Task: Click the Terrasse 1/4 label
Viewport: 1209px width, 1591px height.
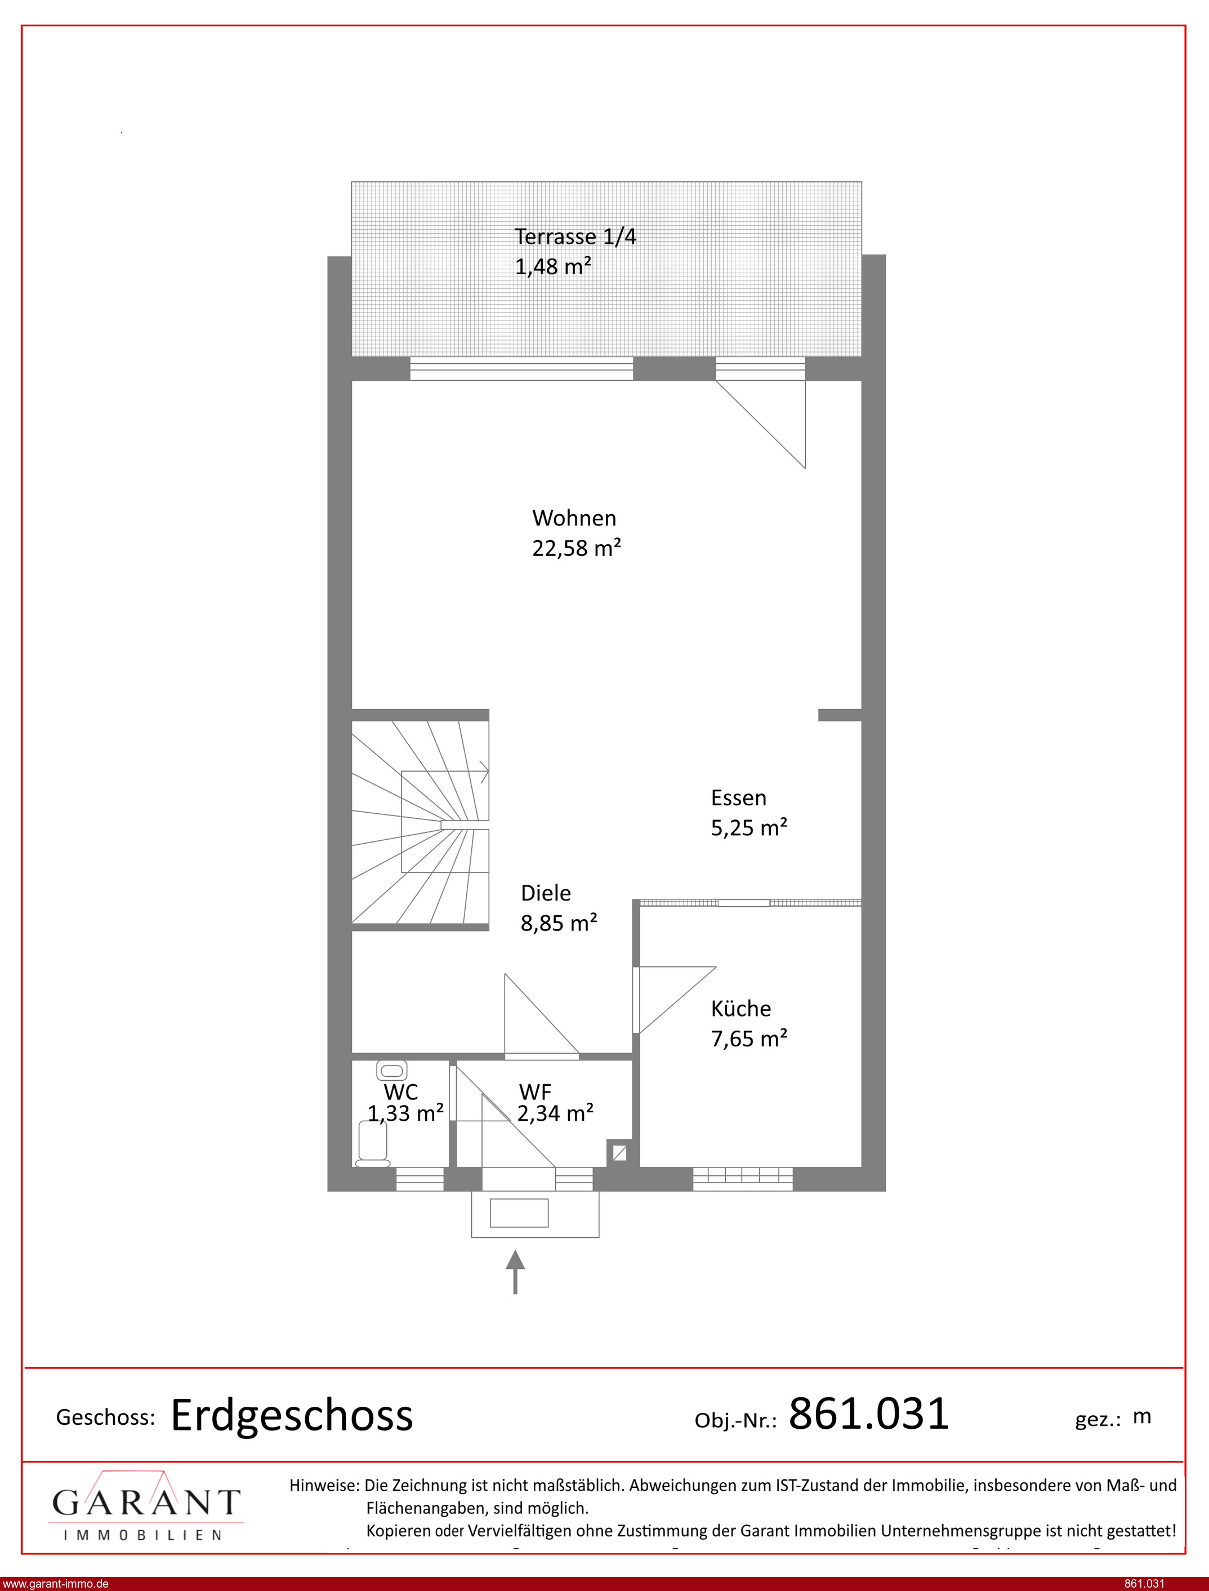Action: coord(575,237)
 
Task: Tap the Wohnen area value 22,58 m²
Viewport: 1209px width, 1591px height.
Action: coord(577,549)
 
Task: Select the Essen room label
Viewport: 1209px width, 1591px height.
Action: coord(738,797)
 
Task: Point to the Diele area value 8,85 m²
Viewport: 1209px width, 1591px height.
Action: coord(559,923)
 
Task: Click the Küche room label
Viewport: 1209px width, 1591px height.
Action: coord(740,1008)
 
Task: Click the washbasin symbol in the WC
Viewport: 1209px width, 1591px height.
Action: coord(391,1071)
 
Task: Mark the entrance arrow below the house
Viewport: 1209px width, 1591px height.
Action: coord(515,1272)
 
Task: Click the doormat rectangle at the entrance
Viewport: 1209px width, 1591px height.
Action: coord(519,1213)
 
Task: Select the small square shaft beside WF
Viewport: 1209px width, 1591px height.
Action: coord(619,1153)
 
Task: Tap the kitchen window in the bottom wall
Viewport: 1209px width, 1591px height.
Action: coord(743,1178)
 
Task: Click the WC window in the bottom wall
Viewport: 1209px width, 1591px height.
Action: coord(420,1179)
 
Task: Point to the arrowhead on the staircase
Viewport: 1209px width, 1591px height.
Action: coord(484,773)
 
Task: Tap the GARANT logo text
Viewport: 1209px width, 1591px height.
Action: coord(146,1503)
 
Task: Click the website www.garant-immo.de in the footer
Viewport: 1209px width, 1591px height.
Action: coord(55,1584)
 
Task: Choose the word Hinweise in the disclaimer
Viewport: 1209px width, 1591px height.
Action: coord(324,1485)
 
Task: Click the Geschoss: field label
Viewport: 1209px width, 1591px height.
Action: coord(106,1417)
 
